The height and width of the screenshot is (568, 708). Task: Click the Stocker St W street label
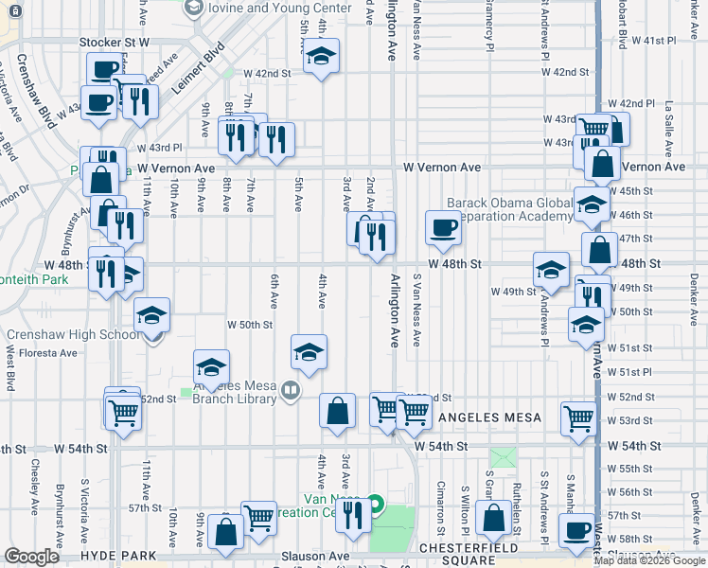pos(115,43)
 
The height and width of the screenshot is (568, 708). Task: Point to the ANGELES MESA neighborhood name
pos(490,417)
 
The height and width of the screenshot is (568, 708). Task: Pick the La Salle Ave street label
pos(669,117)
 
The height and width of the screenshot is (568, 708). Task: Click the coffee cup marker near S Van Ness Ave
pos(443,226)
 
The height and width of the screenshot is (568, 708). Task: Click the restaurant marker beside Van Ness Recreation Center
pos(352,515)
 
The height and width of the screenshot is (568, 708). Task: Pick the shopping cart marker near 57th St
pos(258,517)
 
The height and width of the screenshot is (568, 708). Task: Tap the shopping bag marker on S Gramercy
pos(494,518)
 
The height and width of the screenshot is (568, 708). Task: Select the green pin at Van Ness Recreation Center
pos(376,503)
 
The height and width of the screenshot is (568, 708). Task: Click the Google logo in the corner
pos(31,557)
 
